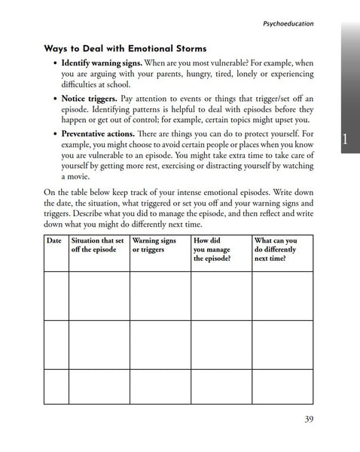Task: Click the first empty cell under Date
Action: (x=55, y=296)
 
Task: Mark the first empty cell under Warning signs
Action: (x=160, y=296)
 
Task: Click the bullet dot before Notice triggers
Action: (x=56, y=99)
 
